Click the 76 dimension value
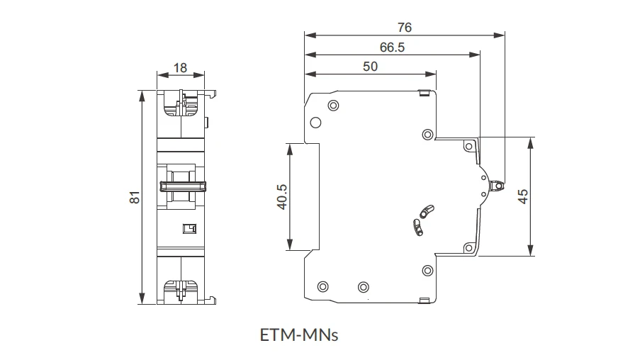pos(405,27)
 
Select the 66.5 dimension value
pos(392,47)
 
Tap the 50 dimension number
pos(370,67)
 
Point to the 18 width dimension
pos(180,67)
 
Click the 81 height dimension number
pos(135,197)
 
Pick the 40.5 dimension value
pos(282,197)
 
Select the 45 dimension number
pos(523,196)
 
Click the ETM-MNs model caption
pos(299,335)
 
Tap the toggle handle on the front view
pos(183,186)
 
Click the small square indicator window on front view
pos(189,229)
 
